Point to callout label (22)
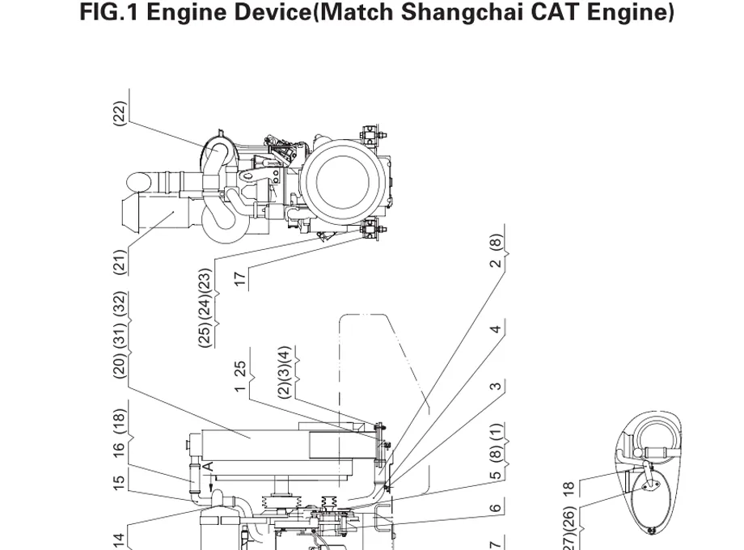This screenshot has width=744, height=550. click(x=120, y=113)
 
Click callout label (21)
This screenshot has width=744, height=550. click(x=120, y=261)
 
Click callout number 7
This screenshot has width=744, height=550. click(x=497, y=543)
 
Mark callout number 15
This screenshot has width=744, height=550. click(x=120, y=483)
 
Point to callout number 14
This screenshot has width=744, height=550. click(x=120, y=539)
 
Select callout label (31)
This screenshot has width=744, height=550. click(x=120, y=336)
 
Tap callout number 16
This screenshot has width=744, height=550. click(x=120, y=448)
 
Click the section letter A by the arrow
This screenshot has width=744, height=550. click(x=208, y=467)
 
